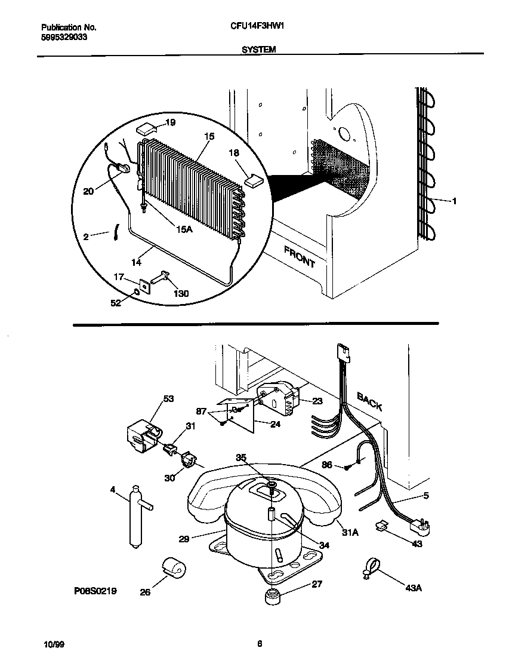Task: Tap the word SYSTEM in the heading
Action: click(x=258, y=51)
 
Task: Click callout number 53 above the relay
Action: click(x=169, y=398)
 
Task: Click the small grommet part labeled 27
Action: click(x=273, y=596)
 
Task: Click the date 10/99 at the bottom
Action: click(x=54, y=644)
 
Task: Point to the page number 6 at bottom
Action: click(x=260, y=643)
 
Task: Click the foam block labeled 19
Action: click(x=146, y=128)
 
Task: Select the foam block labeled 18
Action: click(x=253, y=180)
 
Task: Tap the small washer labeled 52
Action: click(x=137, y=291)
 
